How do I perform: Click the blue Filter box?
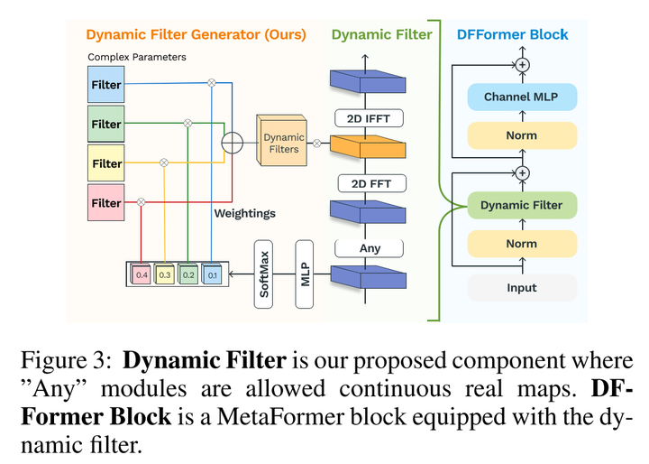tap(106, 86)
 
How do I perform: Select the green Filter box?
tap(106, 124)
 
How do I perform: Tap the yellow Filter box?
tap(106, 163)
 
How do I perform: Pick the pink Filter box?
tap(106, 203)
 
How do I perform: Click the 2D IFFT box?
tap(370, 118)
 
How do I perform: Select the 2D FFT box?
tap(370, 183)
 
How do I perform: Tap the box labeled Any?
tap(370, 248)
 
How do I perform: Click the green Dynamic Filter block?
tap(521, 205)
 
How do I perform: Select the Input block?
tap(521, 287)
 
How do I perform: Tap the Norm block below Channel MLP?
tap(521, 135)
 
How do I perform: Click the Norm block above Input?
tap(521, 244)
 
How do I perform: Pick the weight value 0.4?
tap(142, 274)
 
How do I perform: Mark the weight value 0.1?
tap(212, 274)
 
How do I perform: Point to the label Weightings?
tap(244, 213)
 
